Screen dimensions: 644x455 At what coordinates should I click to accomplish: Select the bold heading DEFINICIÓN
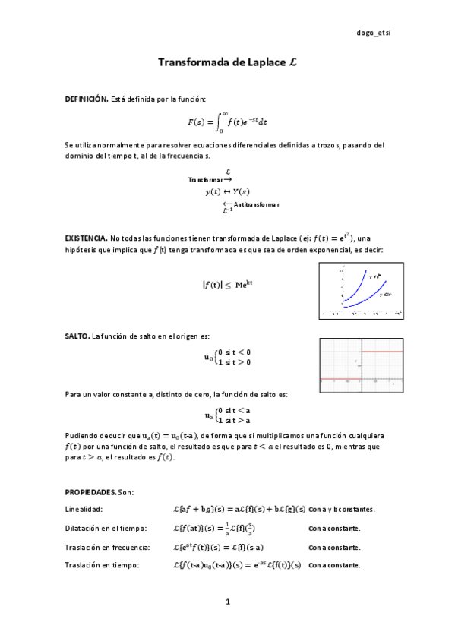click(87, 99)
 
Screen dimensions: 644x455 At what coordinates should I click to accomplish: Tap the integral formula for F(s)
click(227, 121)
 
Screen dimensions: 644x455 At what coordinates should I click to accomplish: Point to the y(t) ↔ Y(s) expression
click(227, 191)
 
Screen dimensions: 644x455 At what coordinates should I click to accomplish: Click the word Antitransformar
click(256, 204)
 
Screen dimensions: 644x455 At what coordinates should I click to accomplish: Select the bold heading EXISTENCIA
click(86, 238)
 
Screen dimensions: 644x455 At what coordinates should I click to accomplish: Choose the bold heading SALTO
click(77, 336)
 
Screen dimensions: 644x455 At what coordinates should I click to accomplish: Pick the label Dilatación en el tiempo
click(106, 528)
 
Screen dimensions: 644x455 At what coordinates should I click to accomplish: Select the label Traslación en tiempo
click(103, 565)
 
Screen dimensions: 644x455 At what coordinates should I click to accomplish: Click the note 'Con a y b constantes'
click(342, 509)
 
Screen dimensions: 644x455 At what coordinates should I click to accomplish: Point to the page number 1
click(227, 602)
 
